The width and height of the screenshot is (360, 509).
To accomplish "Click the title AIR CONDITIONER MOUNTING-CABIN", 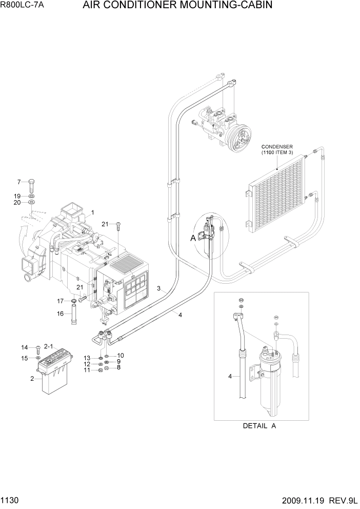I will pos(176,6).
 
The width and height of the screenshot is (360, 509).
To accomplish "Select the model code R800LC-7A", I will pos(24,6).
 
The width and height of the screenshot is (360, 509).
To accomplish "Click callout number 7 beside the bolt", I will pos(19,182).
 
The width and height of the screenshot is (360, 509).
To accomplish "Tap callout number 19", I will pos(17,196).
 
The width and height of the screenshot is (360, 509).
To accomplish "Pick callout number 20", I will pos(17,203).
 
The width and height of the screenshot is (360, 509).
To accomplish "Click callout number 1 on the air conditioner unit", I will pos(92,212).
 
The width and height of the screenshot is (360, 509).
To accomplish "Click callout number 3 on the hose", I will pos(159,289).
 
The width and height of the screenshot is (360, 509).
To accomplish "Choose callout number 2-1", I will pos(49,346).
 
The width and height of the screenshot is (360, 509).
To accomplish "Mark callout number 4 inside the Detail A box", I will pos(230,377).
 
